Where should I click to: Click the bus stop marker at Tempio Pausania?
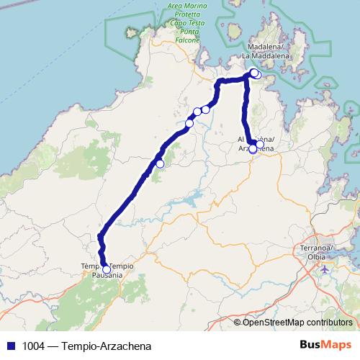point(107,269)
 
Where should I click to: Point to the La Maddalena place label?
point(265,54)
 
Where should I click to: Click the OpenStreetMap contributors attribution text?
point(297,322)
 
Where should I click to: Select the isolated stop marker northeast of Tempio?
point(160,163)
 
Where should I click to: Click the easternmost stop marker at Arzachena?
point(260,145)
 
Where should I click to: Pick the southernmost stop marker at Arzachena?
point(253,150)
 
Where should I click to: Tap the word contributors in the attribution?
point(327,322)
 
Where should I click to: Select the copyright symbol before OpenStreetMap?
point(238,322)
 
